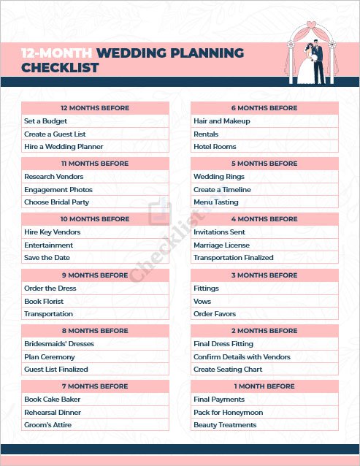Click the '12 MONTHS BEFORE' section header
[95, 108]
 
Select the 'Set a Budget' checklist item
[45, 121]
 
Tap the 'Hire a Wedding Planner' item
[64, 147]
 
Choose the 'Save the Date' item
[47, 258]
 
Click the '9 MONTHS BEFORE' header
[95, 275]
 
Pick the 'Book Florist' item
[44, 301]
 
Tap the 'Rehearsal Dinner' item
[53, 412]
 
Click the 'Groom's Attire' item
[48, 425]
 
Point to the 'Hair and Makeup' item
[222, 121]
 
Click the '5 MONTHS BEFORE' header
[264, 164]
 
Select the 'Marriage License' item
[221, 245]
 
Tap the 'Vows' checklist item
[202, 301]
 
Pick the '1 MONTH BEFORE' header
[264, 386]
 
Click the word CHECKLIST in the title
[60, 68]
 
